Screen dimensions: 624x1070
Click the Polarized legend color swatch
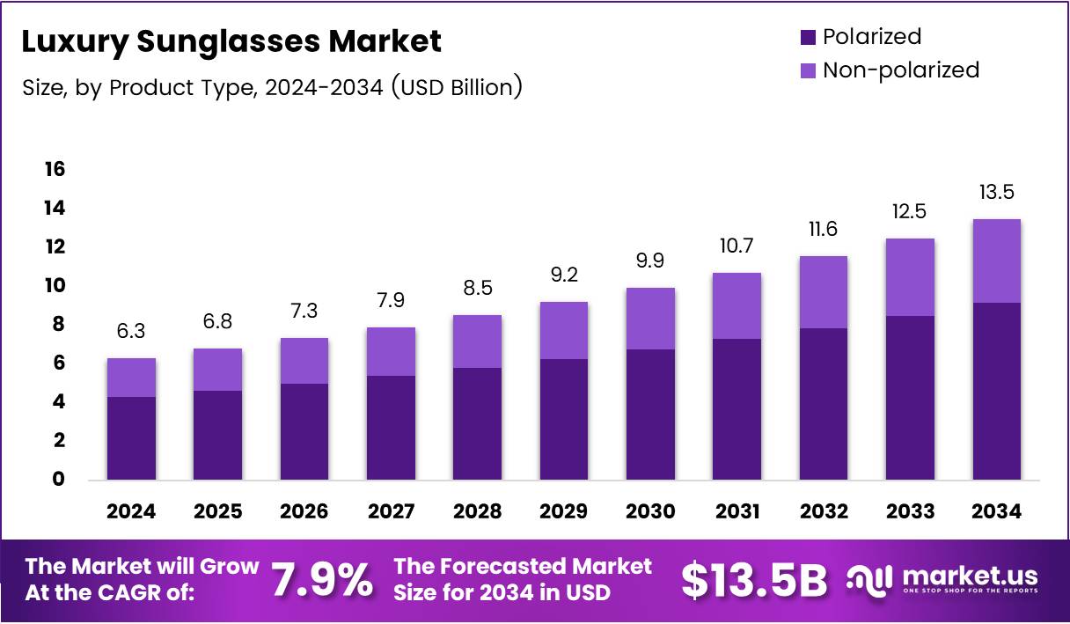808,37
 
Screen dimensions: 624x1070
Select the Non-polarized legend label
900,70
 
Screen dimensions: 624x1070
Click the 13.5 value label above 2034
997,192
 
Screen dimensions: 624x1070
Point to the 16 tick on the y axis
55,169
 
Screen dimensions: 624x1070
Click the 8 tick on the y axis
59,324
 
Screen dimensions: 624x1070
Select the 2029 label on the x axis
563,511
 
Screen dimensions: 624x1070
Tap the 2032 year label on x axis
824,511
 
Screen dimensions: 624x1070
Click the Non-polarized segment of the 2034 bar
997,261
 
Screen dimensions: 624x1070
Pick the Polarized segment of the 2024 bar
131,437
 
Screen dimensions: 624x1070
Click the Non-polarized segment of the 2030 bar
650,318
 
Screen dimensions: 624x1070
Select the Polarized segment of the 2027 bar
391,427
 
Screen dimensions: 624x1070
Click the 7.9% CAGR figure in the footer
321,580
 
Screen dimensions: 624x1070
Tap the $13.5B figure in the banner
755,580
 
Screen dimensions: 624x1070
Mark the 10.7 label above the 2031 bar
737,246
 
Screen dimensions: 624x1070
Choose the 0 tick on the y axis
59,479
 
